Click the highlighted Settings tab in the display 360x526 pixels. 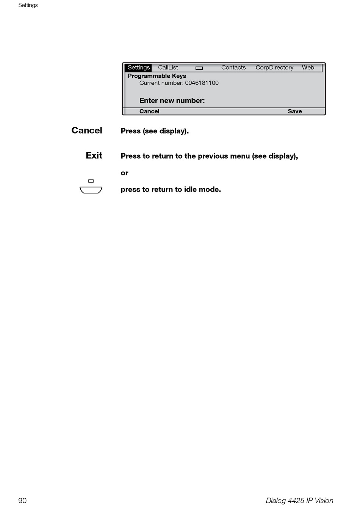point(139,68)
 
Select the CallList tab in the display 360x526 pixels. point(168,68)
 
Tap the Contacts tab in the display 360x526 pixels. point(233,68)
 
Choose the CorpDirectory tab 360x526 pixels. point(274,68)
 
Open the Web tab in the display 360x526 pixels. point(308,68)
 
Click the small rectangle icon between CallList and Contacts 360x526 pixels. point(199,68)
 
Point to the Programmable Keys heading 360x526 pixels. point(157,76)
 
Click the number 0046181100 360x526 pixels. point(202,83)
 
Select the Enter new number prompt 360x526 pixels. point(172,100)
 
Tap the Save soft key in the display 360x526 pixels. point(295,111)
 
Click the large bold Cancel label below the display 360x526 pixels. point(87,130)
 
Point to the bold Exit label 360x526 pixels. point(94,155)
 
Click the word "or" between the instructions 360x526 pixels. point(125,173)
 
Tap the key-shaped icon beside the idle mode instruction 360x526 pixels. point(91,190)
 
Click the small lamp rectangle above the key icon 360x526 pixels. point(91,181)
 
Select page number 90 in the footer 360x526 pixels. point(22,501)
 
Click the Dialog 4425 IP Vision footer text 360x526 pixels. point(299,501)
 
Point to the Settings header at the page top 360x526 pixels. point(28,5)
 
